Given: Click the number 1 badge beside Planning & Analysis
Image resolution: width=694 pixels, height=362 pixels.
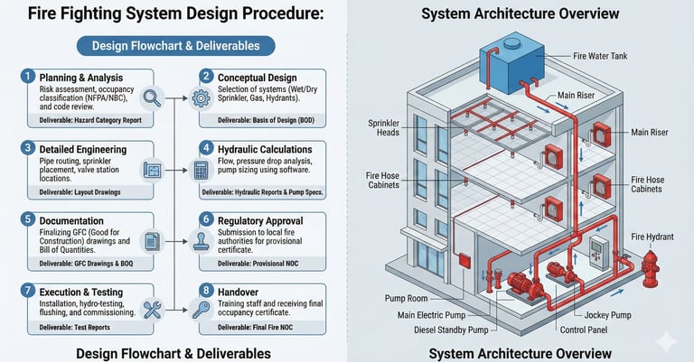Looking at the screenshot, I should click(28, 77).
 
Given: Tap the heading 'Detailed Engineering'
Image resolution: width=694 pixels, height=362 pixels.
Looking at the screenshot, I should click(77, 147).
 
